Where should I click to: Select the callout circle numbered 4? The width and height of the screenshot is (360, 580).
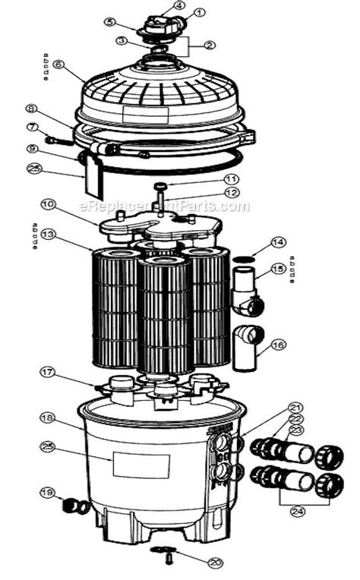click(x=178, y=5)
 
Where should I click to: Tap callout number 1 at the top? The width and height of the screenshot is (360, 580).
click(x=200, y=13)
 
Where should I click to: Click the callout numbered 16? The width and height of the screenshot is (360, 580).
click(x=278, y=345)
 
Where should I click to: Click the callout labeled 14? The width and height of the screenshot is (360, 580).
click(x=278, y=244)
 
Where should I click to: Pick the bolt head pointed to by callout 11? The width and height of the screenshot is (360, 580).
click(x=160, y=186)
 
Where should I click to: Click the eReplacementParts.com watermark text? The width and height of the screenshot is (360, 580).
click(x=163, y=206)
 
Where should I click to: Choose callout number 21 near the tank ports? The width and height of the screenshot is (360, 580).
click(x=295, y=407)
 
